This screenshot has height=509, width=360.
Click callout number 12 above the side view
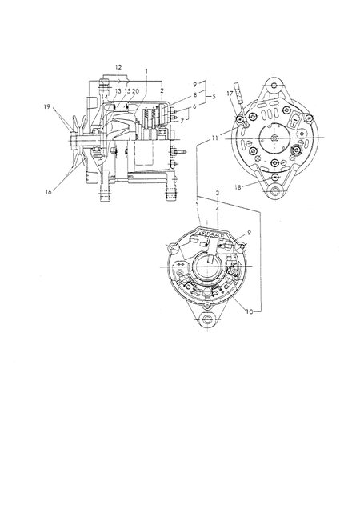coord(118,67)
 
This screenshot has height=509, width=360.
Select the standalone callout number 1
coord(146,70)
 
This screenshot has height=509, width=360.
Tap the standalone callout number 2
coord(162,91)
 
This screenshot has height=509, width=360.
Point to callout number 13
coord(118,91)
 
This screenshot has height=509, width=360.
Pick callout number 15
coord(127,91)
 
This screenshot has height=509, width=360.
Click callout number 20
coord(135,91)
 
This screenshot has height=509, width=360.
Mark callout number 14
coord(104,96)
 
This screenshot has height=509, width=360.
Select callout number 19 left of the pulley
coord(47,106)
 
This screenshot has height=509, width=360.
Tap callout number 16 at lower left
coord(48,192)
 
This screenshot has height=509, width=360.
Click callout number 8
coord(195,95)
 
